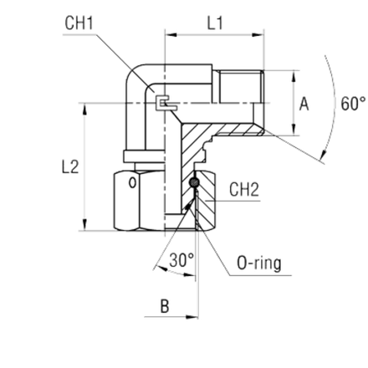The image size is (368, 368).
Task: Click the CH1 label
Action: coord(79,23)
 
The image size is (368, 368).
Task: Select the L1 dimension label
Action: coord(215,23)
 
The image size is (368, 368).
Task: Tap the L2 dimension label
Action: coord(70,167)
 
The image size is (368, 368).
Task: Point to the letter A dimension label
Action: coord(304,104)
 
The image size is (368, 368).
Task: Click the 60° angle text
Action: coord(353,104)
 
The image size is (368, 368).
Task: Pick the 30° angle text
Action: coord(181,260)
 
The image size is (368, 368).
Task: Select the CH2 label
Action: coord(244,190)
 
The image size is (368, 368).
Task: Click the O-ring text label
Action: coord(259,263)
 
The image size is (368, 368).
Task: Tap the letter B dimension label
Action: coord(165,306)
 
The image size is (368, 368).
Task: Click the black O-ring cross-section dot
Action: coord(194,182)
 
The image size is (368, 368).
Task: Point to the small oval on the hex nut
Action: coord(132,183)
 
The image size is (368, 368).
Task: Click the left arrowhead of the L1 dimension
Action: coord(171,35)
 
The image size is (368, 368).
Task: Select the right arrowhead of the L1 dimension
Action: coord(258,35)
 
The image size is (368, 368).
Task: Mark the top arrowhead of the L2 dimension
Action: coord(85,109)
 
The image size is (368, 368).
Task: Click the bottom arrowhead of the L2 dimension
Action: coord(85,225)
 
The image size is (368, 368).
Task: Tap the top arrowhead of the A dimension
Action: coord(294,77)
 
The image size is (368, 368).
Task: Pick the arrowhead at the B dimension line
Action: coord(192,317)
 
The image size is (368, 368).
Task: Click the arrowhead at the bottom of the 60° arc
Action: coord(324,156)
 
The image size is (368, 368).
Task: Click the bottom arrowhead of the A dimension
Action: coord(294,130)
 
